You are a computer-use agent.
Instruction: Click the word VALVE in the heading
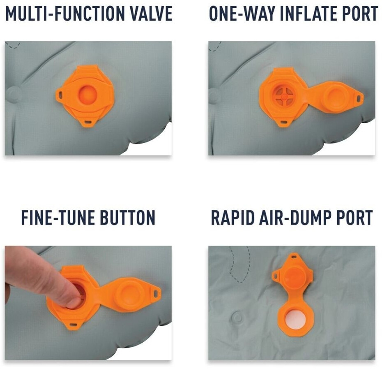coord(151,14)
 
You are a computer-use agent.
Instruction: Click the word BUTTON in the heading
coord(128,217)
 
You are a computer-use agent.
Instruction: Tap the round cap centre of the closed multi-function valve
coord(87,94)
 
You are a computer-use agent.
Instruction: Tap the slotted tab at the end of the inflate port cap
coord(358,98)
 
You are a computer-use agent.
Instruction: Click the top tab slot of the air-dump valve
coord(295,257)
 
